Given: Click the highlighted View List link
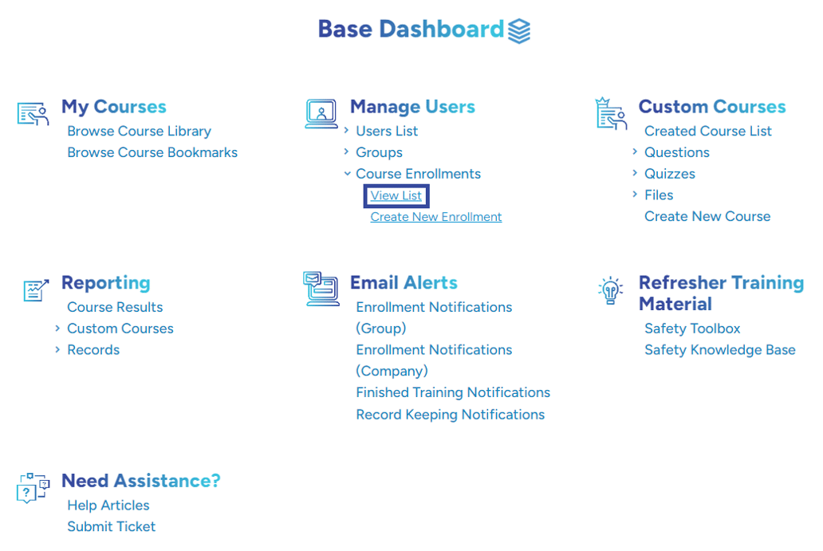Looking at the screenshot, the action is (x=396, y=195).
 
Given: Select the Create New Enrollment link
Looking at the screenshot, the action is (x=435, y=217).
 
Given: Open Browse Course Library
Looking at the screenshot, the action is (x=139, y=132).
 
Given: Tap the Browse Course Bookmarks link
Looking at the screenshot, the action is (x=152, y=153).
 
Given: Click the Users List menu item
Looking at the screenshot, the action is (x=387, y=132).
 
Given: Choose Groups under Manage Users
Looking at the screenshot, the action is (x=379, y=153).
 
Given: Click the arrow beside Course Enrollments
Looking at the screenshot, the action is (x=347, y=174).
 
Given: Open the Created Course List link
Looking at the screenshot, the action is (x=708, y=132).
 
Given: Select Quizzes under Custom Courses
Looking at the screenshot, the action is (x=670, y=174).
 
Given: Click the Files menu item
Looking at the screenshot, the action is (x=659, y=195).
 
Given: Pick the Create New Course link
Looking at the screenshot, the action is (x=707, y=217).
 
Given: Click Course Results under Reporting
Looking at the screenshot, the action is (x=115, y=307).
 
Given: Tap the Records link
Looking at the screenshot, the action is (x=93, y=350).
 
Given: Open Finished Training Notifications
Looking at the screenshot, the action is (x=453, y=392).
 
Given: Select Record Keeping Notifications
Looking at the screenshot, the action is (x=451, y=415).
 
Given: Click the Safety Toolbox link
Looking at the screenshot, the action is (x=692, y=329).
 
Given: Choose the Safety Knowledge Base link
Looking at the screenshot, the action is (x=719, y=350).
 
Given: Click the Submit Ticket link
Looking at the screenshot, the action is (x=112, y=527).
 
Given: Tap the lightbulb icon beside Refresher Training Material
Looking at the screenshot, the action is (x=610, y=290).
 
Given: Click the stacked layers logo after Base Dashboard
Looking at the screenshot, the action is (x=519, y=31).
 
